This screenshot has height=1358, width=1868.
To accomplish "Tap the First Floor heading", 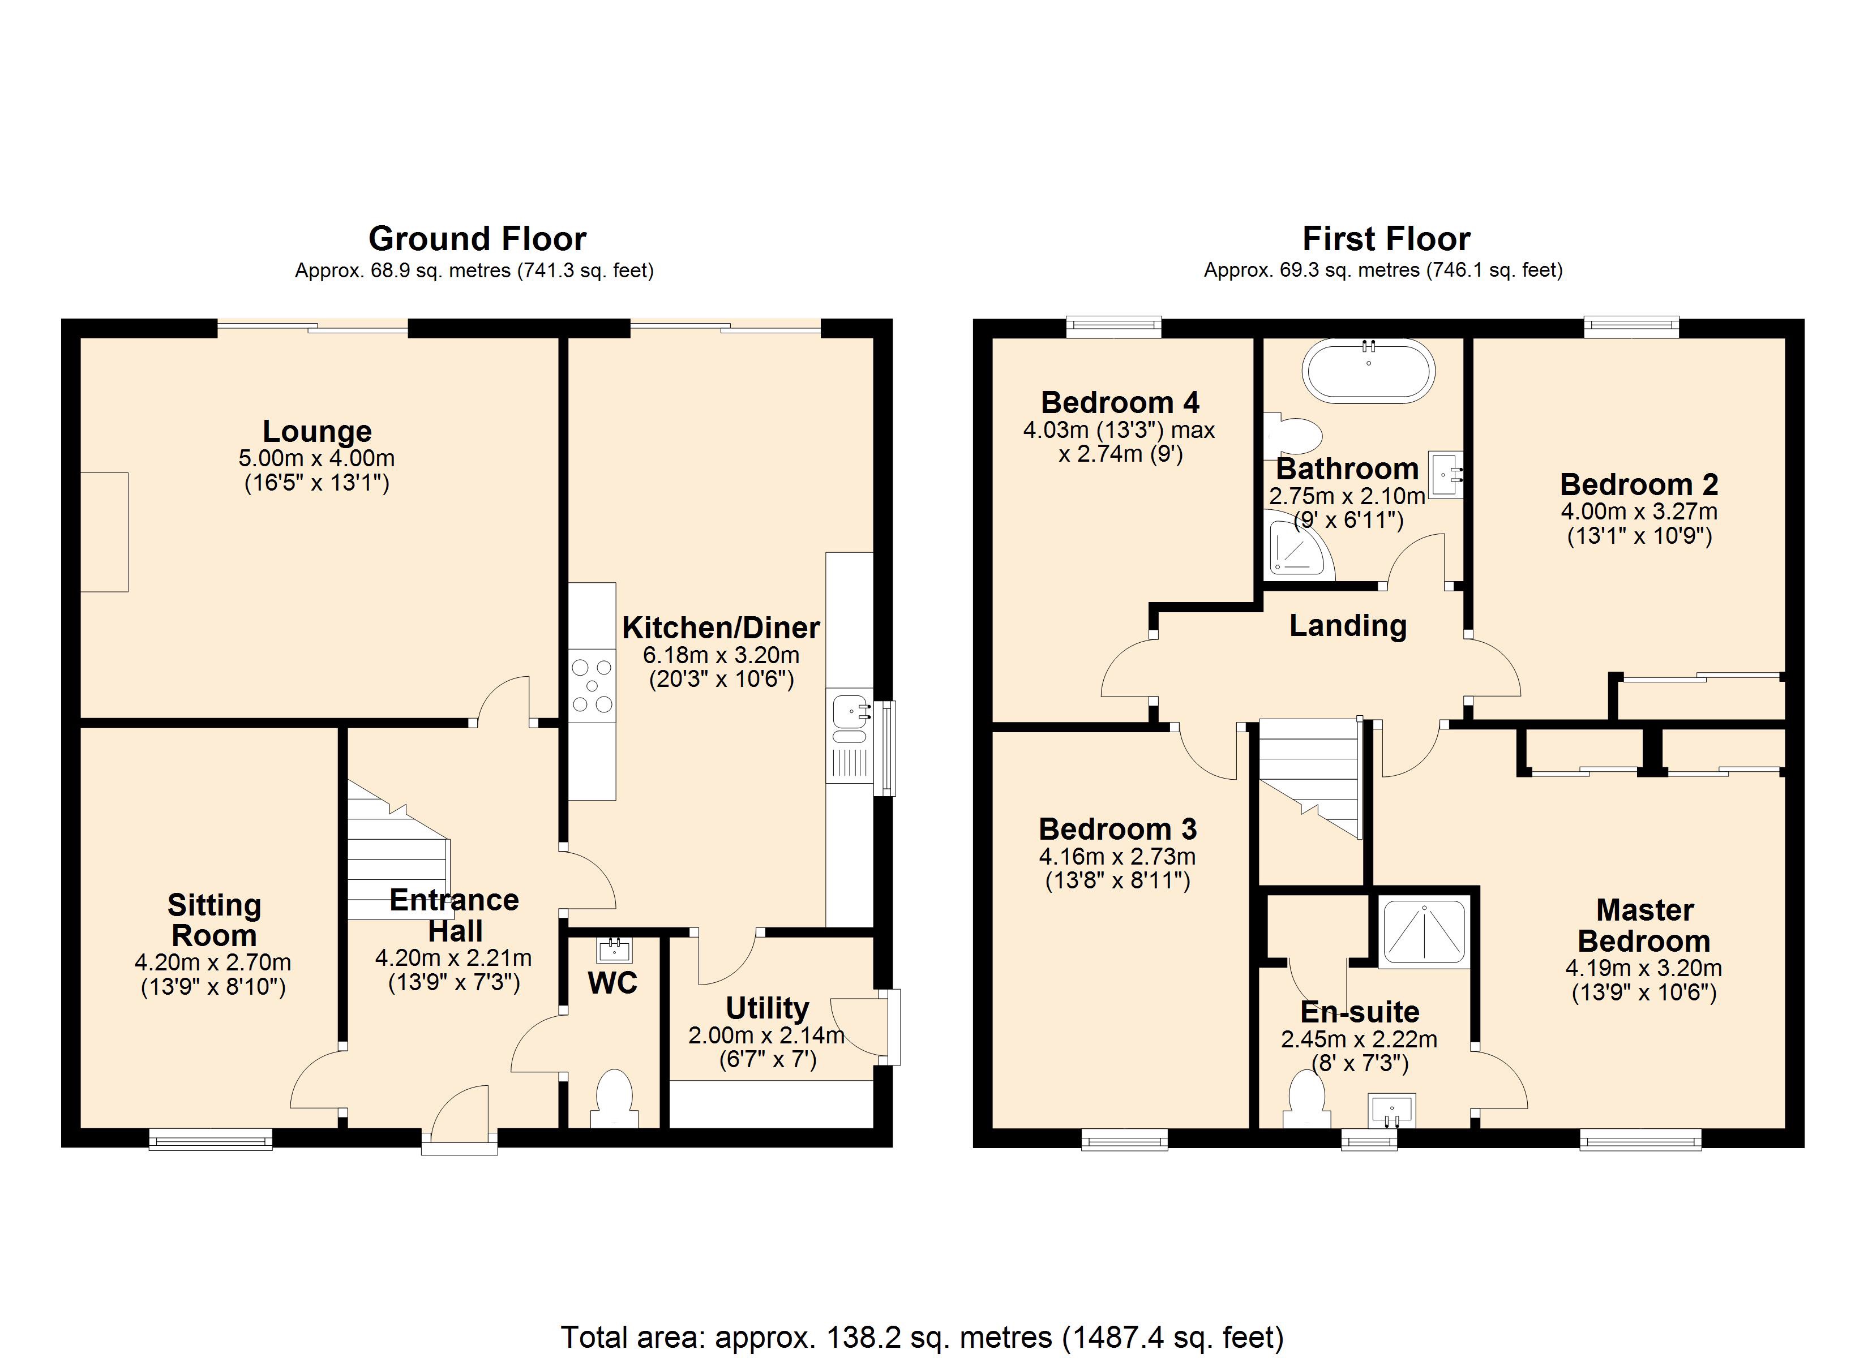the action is (x=1386, y=239).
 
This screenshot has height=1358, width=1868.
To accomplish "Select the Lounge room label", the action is (x=317, y=431).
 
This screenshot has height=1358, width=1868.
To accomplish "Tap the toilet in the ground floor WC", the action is (x=614, y=1097).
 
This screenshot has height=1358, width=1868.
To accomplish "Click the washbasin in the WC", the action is (x=614, y=949).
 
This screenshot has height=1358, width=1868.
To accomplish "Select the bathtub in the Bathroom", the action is (x=1368, y=372).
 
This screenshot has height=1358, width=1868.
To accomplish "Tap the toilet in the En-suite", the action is (x=1307, y=1099).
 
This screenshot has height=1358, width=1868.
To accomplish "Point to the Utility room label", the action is (x=767, y=1008).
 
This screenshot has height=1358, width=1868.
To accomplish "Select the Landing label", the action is (x=1348, y=625).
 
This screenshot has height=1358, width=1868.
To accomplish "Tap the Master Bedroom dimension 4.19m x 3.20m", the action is (x=1644, y=968).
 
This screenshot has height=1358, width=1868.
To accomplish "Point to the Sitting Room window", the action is (x=211, y=1139).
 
